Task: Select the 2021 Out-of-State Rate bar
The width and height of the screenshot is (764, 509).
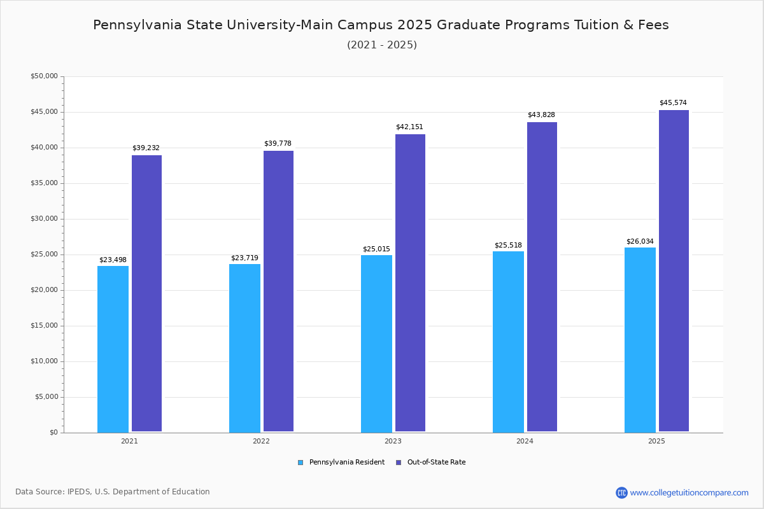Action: [146, 293]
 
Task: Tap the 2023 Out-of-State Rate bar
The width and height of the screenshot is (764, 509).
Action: [410, 283]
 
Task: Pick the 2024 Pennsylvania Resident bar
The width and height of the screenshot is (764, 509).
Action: [508, 342]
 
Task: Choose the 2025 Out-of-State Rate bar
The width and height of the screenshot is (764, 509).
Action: [674, 271]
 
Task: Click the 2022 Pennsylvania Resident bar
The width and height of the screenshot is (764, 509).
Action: [244, 348]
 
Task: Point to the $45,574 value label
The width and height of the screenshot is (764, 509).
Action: [673, 103]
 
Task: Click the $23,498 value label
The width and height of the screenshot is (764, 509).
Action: [113, 260]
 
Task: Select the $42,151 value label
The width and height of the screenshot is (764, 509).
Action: [409, 127]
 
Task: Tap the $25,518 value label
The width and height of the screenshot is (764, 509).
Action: [508, 246]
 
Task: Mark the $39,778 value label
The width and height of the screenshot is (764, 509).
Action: [278, 144]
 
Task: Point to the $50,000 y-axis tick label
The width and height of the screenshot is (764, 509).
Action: [44, 76]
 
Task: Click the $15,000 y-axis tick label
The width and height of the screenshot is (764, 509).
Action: [44, 326]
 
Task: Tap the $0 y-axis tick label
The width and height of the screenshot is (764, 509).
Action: [53, 433]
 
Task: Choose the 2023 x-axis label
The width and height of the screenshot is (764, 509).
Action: [393, 441]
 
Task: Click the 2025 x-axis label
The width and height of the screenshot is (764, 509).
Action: [656, 441]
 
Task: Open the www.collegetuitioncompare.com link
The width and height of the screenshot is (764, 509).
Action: [689, 492]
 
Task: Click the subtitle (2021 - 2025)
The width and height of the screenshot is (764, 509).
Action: [382, 45]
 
